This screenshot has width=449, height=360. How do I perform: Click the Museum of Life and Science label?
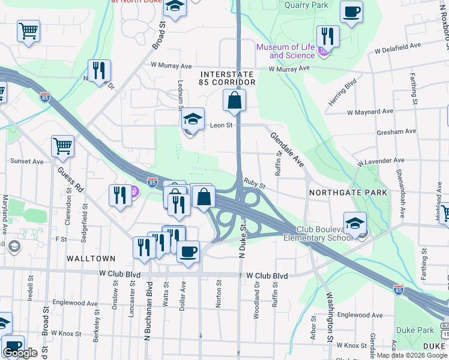click(x=285, y=51)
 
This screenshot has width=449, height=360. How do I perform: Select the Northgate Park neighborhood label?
click(x=348, y=193)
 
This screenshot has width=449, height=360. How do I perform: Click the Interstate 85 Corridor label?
click(x=228, y=77)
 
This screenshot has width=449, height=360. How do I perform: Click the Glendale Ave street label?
click(x=287, y=150)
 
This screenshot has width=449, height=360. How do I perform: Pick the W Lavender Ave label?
click(x=381, y=161)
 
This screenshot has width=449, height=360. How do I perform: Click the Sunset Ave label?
click(x=26, y=161)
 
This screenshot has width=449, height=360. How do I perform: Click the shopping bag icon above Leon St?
click(x=234, y=100)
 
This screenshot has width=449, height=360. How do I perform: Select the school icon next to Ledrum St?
click(x=193, y=118)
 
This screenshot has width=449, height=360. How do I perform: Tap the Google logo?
click(x=20, y=353)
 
